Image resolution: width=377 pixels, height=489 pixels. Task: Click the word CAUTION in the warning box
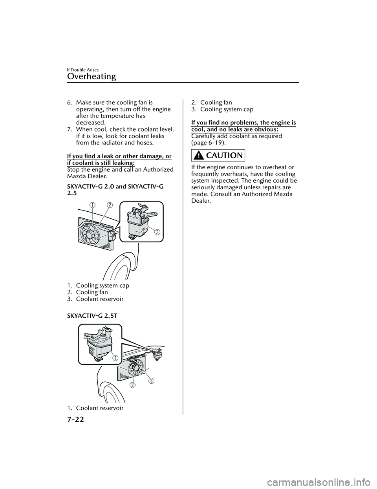224,156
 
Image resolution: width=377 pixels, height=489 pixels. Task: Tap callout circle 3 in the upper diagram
157,232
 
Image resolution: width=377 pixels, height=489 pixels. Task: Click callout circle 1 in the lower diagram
115,357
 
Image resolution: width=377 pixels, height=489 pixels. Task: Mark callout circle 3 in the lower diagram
150,381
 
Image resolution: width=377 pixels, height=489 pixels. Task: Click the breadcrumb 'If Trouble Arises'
82,70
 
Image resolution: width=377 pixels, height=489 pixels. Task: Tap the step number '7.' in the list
70,129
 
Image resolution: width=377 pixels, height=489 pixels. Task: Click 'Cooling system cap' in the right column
227,109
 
